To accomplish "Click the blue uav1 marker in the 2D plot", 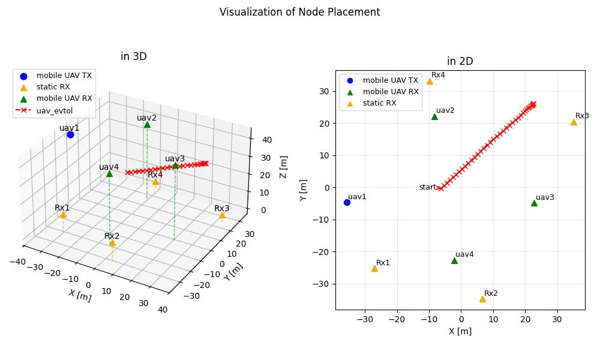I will tap(347, 202).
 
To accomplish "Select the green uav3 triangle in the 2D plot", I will tap(534, 203).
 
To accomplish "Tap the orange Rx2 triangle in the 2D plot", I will tap(482, 299).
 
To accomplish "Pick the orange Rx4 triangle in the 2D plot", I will tap(430, 81).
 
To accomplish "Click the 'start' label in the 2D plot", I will tap(427, 187).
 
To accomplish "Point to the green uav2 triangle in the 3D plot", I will tap(147, 124).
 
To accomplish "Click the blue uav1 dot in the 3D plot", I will tap(70, 134).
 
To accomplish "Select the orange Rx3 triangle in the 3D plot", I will tap(222, 215).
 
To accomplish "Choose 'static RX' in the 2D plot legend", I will tap(379, 103).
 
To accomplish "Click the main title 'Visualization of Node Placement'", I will tap(299, 12).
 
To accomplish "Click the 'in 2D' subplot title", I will tap(460, 61).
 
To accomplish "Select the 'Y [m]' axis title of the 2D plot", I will tap(304, 190).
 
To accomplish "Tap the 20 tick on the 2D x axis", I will tap(525, 319).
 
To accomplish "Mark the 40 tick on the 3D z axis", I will tap(267, 140).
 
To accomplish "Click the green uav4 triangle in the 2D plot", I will tap(454, 260).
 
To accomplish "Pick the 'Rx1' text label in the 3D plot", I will tap(62, 208).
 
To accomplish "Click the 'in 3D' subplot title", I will tap(133, 56).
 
